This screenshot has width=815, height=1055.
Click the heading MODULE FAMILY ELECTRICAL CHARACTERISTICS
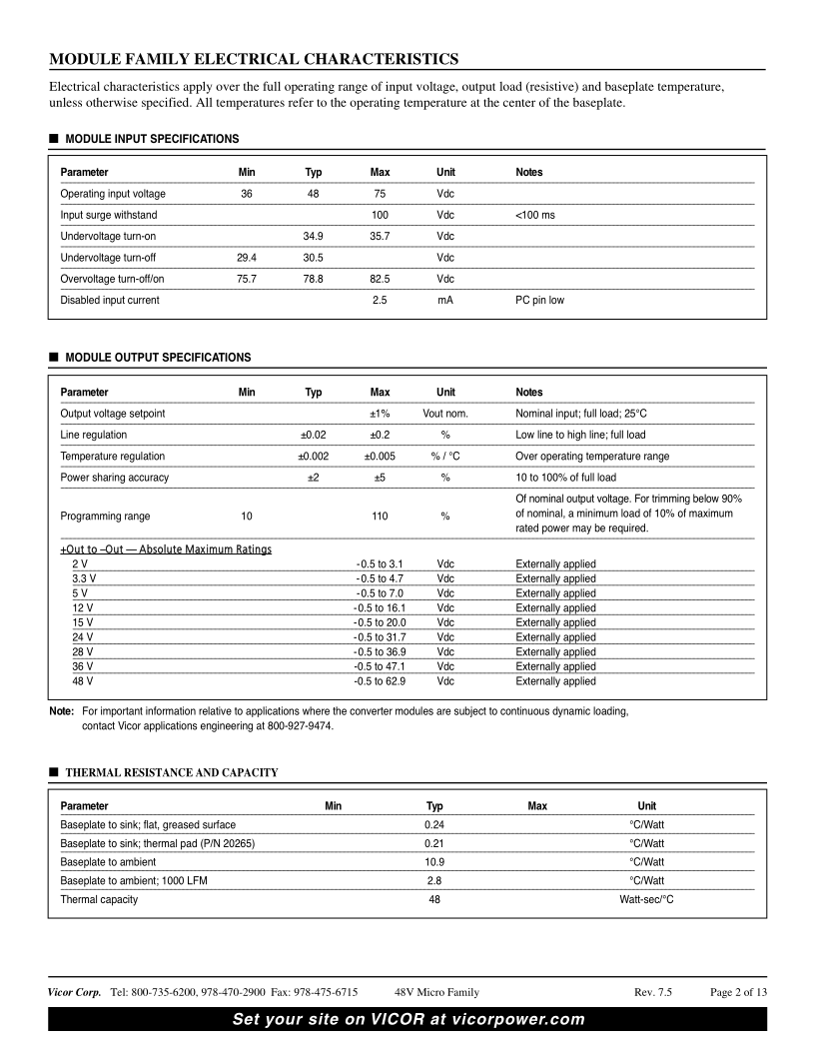pyautogui.click(x=254, y=58)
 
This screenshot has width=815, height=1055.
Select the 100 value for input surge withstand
pyautogui.click(x=380, y=215)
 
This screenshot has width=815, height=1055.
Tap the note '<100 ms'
pyautogui.click(x=535, y=215)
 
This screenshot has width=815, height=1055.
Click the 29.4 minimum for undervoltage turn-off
pyautogui.click(x=247, y=257)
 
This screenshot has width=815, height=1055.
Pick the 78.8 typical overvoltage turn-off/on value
pyautogui.click(x=313, y=279)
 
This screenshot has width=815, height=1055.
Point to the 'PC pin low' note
pyautogui.click(x=539, y=300)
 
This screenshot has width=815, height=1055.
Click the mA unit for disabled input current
pyautogui.click(x=445, y=300)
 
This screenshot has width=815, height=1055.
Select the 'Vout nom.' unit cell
pyautogui.click(x=445, y=414)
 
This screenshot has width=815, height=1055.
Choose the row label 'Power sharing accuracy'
pyautogui.click(x=114, y=478)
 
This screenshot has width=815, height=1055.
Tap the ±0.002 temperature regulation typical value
pyautogui.click(x=313, y=457)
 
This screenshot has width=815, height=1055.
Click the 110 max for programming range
pyautogui.click(x=380, y=517)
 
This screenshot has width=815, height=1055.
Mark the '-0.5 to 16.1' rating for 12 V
pyautogui.click(x=380, y=608)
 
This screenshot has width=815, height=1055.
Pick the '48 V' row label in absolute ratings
pyautogui.click(x=83, y=681)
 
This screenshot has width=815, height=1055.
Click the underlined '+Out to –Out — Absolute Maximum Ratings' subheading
pyautogui.click(x=166, y=549)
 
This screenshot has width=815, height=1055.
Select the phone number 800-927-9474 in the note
pyautogui.click(x=301, y=726)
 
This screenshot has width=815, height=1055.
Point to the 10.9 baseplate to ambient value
pyautogui.click(x=434, y=861)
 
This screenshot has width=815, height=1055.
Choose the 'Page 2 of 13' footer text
pyautogui.click(x=738, y=992)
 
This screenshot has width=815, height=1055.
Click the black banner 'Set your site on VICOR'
pyautogui.click(x=407, y=1019)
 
